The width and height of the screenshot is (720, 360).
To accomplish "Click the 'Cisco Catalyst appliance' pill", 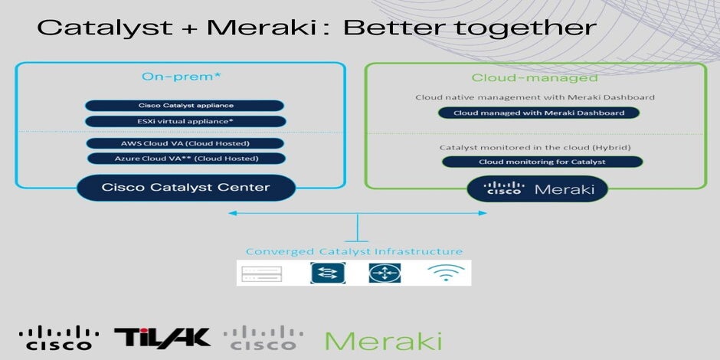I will pos(185,106).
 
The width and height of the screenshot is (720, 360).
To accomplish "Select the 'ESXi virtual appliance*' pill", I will pos(185,122).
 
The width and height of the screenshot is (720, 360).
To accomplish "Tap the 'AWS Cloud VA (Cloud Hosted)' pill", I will pos(185,143).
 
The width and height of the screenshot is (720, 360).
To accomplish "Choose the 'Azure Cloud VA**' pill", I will pos(185,159).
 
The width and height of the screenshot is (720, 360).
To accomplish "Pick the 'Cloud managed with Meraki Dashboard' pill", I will pos(539,113).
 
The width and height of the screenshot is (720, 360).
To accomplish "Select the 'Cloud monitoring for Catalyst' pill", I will pos(542,162).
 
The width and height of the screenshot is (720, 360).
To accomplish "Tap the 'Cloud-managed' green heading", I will pos(535,77).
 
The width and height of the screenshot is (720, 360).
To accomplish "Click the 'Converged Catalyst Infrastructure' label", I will pos(354,251).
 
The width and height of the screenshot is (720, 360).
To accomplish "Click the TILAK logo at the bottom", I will pos(162,337).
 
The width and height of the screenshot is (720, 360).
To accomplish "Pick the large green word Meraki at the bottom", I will pos(383,339).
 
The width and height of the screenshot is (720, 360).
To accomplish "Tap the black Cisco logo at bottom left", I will pos(59,338).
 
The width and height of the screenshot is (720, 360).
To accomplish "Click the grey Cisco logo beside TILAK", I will pos(263,338).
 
